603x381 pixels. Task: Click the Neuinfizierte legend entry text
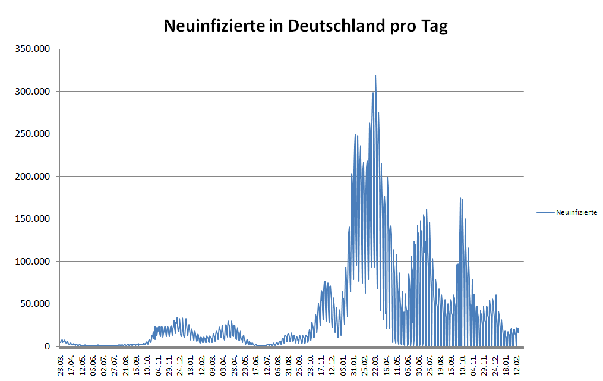(x=576, y=212)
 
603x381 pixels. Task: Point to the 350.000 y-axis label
(x=33, y=49)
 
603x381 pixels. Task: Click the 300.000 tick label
(x=33, y=92)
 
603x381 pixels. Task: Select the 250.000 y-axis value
(x=33, y=134)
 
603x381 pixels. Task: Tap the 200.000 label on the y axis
(x=33, y=177)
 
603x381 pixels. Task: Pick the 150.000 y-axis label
(x=33, y=219)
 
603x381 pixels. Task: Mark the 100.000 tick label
(x=33, y=262)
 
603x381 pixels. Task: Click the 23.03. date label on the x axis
(x=61, y=363)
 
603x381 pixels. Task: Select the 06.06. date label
(x=94, y=363)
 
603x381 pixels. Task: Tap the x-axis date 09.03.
(x=213, y=363)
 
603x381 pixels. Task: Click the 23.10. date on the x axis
(x=310, y=363)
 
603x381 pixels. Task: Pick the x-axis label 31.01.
(x=353, y=363)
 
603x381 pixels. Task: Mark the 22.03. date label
(x=375, y=363)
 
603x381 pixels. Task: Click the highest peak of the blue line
(x=375, y=76)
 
